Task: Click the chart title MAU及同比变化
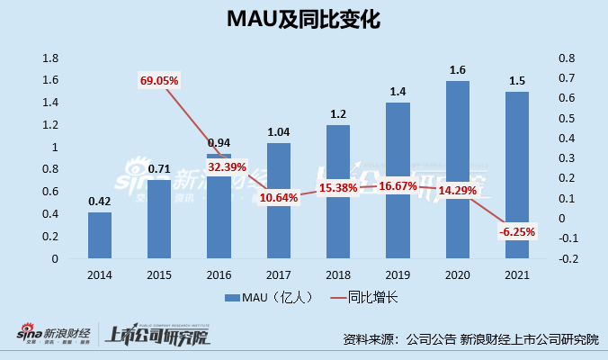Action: pos(303,21)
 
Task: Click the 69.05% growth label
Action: pos(159,81)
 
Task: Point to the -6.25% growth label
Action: pos(517,232)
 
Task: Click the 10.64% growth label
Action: pos(278,197)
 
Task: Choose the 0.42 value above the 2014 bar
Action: pos(100,202)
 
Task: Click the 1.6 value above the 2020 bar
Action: pos(458,68)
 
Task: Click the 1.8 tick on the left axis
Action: pos(50,58)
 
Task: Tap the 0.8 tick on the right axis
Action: pos(566,58)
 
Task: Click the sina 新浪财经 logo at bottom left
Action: pos(54,335)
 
